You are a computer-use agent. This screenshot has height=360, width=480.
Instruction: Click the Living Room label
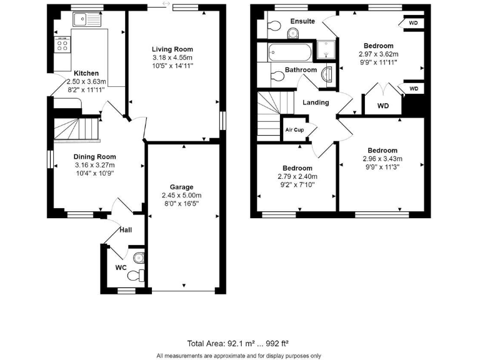[x=172, y=49]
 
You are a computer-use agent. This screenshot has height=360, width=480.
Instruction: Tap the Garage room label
[x=181, y=187]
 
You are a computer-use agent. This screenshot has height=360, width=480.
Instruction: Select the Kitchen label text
[x=86, y=73]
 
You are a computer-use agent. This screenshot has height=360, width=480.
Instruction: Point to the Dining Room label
[x=94, y=157]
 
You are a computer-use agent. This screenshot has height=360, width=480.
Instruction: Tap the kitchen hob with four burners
[x=62, y=44]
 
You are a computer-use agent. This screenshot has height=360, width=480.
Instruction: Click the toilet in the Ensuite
[x=272, y=26]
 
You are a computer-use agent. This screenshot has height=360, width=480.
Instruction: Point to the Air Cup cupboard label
[x=295, y=130]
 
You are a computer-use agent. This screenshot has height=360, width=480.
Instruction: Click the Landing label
[x=316, y=102]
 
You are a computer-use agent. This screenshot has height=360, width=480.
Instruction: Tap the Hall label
[x=126, y=230]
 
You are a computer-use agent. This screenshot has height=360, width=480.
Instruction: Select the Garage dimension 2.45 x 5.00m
[x=181, y=195]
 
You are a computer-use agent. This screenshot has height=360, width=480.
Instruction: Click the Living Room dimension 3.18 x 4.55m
[x=172, y=57]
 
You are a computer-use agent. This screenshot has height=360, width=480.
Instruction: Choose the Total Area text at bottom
[x=237, y=343]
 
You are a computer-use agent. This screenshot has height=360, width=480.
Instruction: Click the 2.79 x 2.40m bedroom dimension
[x=297, y=176]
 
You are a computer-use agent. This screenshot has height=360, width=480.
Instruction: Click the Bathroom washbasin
[x=326, y=75]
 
